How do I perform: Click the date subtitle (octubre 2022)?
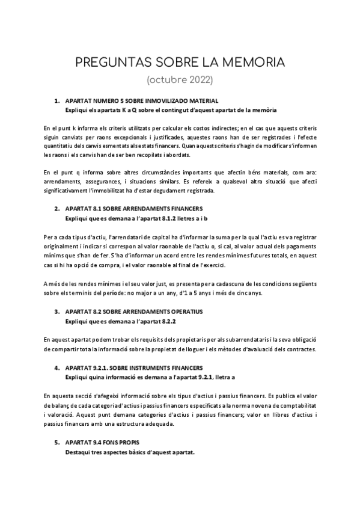click(180, 79)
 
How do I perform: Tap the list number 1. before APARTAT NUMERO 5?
click(57, 100)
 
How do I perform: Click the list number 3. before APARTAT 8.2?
click(57, 312)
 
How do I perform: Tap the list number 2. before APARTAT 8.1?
click(57, 209)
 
